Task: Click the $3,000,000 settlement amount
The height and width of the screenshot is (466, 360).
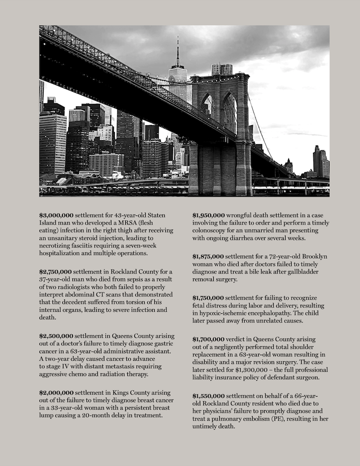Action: (x=56, y=215)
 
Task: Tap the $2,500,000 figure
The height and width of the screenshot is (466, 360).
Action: (x=56, y=336)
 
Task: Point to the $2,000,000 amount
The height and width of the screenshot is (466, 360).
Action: (x=56, y=393)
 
